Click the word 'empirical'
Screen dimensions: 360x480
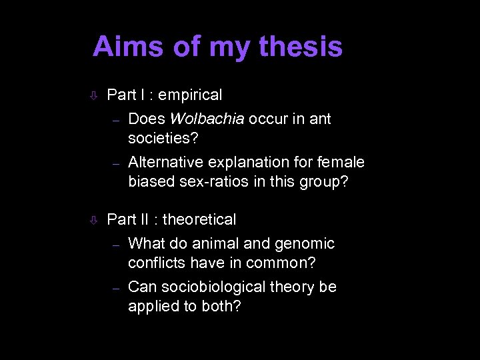click(x=191, y=95)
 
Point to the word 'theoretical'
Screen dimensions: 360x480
click(x=199, y=219)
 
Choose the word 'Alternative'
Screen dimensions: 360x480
click(x=166, y=162)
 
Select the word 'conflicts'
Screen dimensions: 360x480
click(x=154, y=263)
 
